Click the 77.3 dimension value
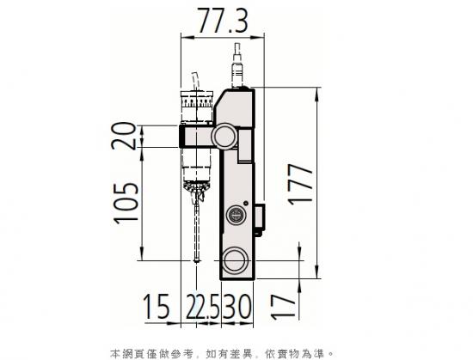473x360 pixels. tap(223, 21)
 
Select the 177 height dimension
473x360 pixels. tap(301, 185)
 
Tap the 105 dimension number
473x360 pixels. tap(126, 203)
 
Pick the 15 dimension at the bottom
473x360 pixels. tap(156, 306)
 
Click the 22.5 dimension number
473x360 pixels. tap(203, 306)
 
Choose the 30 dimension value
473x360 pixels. tap(236, 306)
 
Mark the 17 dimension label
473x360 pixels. tap(282, 307)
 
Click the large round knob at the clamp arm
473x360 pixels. tap(225, 136)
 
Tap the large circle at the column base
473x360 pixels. tap(236, 260)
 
